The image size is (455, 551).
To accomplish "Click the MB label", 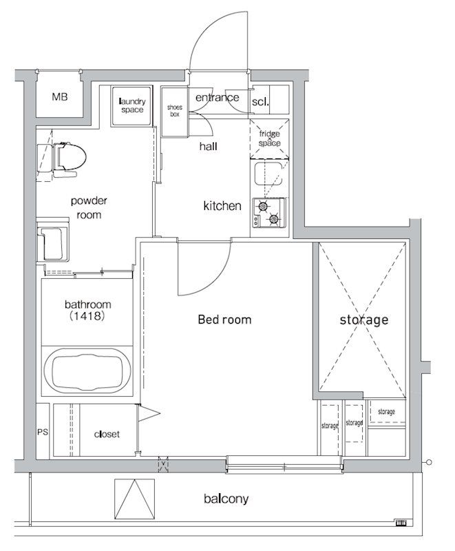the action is pos(60,96).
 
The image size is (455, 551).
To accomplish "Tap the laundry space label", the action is pos(132,105).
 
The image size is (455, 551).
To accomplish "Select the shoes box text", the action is pos(174,111).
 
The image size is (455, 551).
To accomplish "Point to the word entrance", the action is pos(218,97).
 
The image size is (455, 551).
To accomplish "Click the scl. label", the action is pos(260,102).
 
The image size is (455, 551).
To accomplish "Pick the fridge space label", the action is pos(270,138).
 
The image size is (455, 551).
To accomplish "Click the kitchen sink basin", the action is pos(268,174).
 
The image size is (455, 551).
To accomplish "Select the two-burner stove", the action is pos(268,213).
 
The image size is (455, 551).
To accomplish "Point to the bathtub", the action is pos(87,370).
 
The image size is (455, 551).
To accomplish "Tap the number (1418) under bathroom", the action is pos(87,316).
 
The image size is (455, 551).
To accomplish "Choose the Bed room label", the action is pos(224,320).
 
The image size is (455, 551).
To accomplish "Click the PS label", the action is pos(43,432).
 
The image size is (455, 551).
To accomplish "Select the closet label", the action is pos(107,435).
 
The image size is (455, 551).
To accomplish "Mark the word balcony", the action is pos(226,498).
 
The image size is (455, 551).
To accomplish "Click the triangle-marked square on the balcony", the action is pos(134,499).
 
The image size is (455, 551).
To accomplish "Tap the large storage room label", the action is pos(364,320).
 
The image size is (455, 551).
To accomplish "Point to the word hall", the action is pos(208,146).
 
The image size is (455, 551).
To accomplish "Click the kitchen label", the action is pos(222,205).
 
